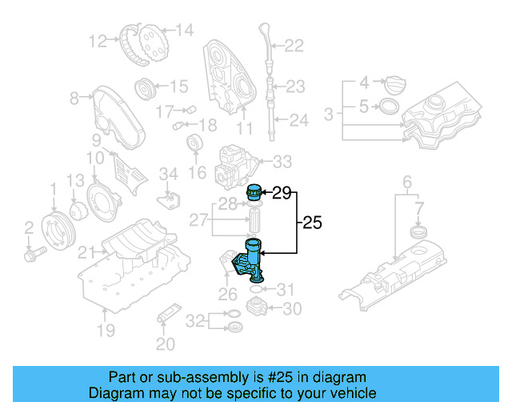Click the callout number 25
pos(312,224)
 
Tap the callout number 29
pos(282,192)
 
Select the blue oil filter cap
pos(255,193)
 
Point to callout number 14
pos(185,30)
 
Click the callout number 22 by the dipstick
pos(294,46)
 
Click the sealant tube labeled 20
pos(169,314)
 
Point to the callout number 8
pos(74,98)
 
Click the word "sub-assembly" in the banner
pos(202,376)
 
